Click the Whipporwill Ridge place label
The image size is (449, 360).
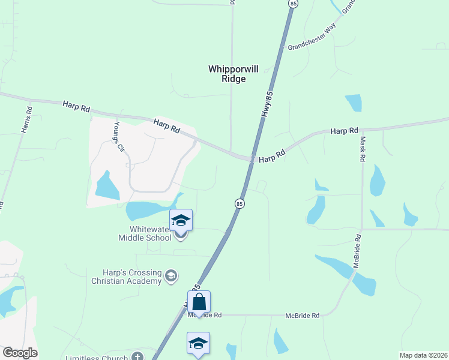coord(234,74)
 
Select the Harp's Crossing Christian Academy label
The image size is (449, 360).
coord(127,276)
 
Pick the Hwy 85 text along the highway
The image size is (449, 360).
coord(268,103)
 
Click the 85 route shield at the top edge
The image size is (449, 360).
coord(292,4)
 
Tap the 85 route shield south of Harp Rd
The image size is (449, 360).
coord(240,203)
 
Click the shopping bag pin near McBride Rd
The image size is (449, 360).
coord(199,302)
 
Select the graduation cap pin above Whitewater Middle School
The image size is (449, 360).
coord(181,220)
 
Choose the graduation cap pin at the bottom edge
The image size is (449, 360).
coord(198,343)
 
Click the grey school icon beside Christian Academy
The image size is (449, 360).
coord(171,276)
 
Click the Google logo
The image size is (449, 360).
coord(20,353)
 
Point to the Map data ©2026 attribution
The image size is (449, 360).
coord(423,355)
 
